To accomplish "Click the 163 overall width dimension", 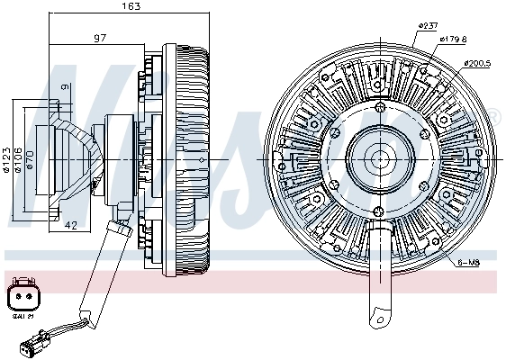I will click(x=131, y=7).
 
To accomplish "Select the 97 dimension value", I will click(x=101, y=38).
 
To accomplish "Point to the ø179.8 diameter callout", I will click(x=453, y=39).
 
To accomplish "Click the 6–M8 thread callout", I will click(x=467, y=262).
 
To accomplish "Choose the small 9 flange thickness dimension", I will click(x=65, y=87).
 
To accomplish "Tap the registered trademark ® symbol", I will click(x=493, y=115).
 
